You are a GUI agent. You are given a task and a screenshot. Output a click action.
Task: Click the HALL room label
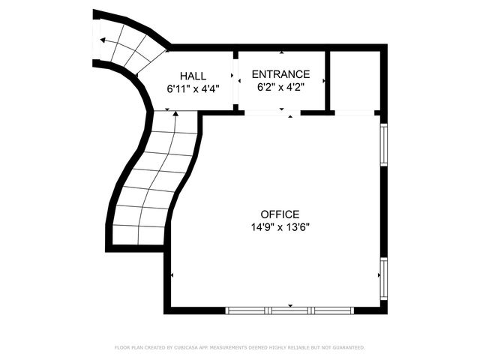coord(193,76)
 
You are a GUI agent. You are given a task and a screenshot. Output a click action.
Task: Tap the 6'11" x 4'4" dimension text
coord(193,88)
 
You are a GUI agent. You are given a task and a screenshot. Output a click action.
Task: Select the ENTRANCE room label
coord(280,74)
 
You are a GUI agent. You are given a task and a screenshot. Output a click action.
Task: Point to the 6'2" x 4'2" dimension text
coord(280,86)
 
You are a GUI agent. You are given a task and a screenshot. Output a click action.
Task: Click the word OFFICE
coord(280,214)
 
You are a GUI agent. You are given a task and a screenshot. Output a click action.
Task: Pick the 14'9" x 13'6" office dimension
coord(280,226)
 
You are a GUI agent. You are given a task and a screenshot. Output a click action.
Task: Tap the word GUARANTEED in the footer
coord(346,348)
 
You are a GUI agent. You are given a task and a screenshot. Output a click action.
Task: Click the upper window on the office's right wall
coord(383,144)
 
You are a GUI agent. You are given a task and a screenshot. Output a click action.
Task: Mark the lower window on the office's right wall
coord(383,278)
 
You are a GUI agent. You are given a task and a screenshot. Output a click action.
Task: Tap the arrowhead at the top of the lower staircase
coord(175,114)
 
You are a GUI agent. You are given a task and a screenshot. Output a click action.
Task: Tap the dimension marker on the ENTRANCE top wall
coord(282,53)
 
